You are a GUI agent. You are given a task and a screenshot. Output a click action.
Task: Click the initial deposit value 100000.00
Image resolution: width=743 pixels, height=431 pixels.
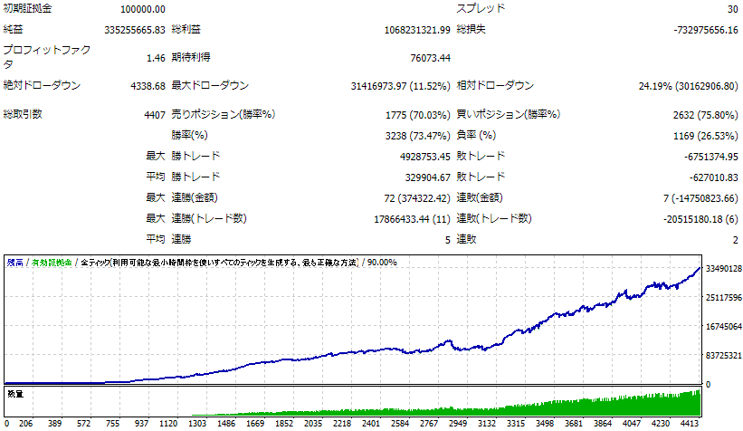point(142,9)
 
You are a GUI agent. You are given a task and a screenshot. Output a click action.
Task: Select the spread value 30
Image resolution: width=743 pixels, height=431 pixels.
point(731,9)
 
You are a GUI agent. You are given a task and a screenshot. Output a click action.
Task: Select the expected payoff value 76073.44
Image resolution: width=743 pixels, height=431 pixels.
point(430,57)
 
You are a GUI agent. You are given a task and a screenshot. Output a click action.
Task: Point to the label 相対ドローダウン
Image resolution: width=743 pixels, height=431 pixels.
point(495,86)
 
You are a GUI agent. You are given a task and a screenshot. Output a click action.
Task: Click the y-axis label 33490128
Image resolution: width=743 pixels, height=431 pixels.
point(723,268)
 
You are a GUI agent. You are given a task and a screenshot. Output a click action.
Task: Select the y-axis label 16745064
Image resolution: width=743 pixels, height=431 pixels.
point(723,327)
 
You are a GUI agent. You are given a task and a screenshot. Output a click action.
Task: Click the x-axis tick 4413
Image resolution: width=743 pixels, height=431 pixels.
point(690,423)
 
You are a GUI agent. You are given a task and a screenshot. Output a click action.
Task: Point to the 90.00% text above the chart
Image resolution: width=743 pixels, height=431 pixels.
point(381,263)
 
